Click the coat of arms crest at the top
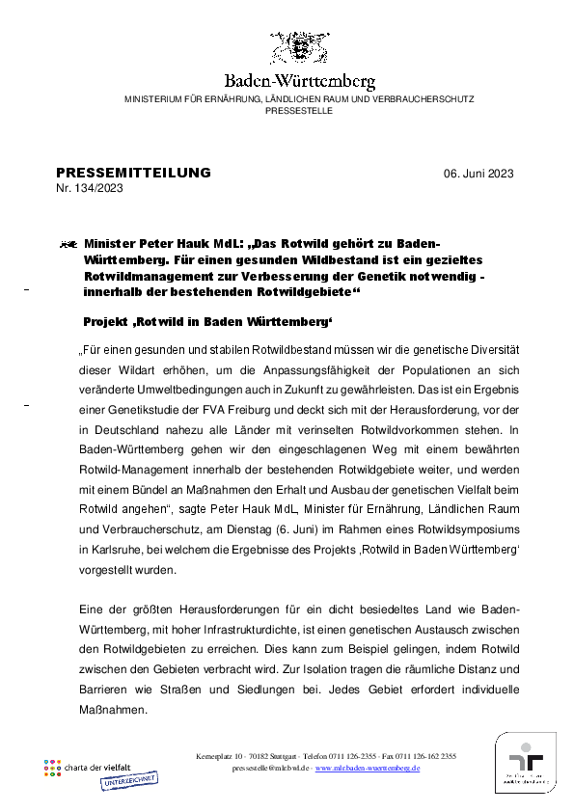[299, 48]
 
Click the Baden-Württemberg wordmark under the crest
[299, 82]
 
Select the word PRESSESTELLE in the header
[299, 111]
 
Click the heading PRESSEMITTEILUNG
[133, 173]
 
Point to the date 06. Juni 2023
[478, 174]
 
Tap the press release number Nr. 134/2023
[90, 188]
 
